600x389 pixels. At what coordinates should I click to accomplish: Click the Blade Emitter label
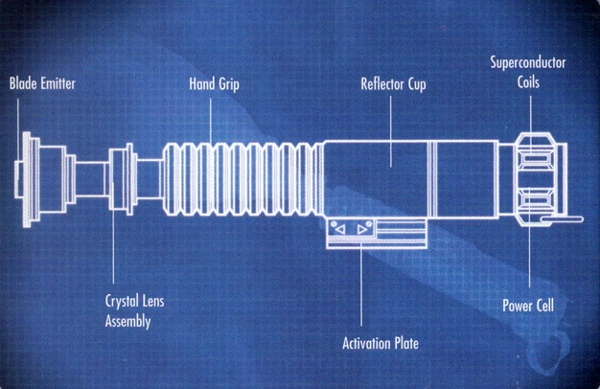tap(42, 84)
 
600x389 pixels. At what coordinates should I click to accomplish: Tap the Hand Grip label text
tap(214, 84)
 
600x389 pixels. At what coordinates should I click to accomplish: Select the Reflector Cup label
tap(393, 84)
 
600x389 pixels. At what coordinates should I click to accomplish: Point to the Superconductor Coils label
tap(527, 73)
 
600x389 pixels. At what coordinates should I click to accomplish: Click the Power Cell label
tap(528, 307)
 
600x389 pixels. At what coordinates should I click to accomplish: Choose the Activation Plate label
tap(381, 342)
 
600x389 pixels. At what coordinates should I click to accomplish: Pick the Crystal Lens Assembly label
tap(134, 311)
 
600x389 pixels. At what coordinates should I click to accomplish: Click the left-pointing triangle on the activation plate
tap(337, 230)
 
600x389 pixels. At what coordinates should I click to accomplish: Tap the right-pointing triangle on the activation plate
tap(362, 230)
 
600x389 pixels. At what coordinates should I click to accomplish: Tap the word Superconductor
tap(527, 63)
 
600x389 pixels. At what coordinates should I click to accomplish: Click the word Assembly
tap(127, 322)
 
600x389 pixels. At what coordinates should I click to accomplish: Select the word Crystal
tap(122, 301)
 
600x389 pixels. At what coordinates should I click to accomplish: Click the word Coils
tap(527, 82)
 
